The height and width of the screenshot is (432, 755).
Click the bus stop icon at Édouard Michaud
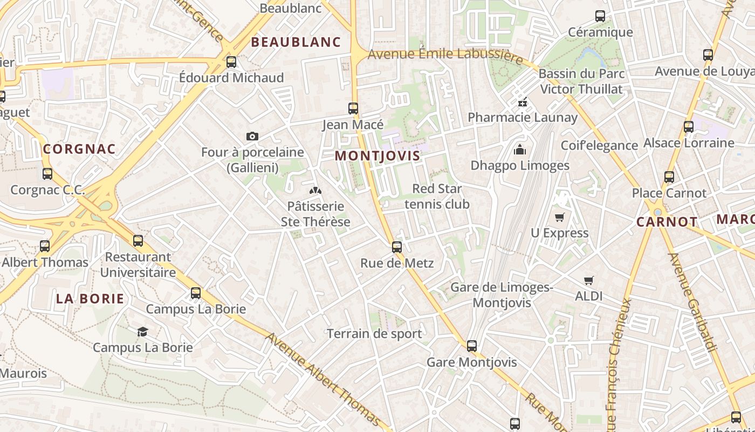(231, 62)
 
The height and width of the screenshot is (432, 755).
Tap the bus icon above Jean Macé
(353, 109)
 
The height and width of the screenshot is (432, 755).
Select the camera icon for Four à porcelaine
(252, 137)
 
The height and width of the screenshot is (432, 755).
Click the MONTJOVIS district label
(377, 156)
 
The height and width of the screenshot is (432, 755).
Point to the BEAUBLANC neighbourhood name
(296, 42)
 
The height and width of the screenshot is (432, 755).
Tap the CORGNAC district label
(79, 149)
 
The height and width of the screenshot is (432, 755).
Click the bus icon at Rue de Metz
(397, 247)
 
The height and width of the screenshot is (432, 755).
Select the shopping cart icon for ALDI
(588, 280)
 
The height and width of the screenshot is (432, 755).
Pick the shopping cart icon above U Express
(559, 217)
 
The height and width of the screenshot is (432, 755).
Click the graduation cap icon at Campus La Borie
(142, 332)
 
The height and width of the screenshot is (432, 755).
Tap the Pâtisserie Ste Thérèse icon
(315, 191)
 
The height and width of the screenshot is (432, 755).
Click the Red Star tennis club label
(437, 197)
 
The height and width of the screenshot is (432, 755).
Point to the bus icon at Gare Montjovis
(472, 346)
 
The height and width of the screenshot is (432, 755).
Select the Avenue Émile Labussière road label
(445, 55)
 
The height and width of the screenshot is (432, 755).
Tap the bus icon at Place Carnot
(669, 177)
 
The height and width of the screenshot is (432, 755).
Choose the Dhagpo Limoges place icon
(520, 150)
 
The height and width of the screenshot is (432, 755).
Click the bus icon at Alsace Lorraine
(689, 127)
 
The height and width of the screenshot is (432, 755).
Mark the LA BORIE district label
(90, 299)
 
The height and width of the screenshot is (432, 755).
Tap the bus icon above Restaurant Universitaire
(138, 241)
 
